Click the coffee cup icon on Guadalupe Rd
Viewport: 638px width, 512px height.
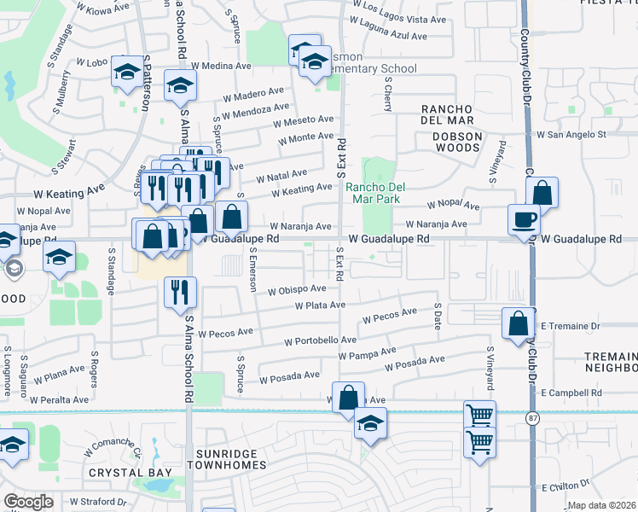pos(524,219)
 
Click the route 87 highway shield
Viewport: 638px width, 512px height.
pos(532,418)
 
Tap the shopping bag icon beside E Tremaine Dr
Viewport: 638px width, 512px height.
pos(518,323)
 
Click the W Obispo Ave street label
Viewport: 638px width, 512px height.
pos(296,290)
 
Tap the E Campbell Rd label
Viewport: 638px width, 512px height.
pos(571,393)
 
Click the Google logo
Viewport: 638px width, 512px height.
pos(29,501)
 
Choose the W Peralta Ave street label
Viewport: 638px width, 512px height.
pos(59,399)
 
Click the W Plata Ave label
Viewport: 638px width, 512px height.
pos(320,305)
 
